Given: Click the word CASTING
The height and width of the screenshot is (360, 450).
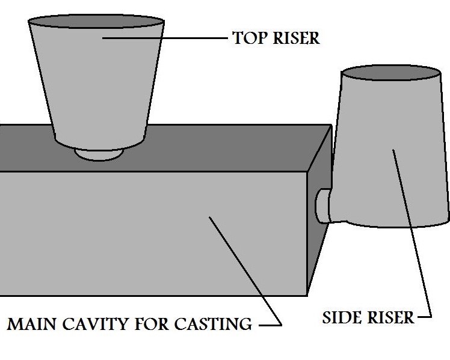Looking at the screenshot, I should tap(213, 325).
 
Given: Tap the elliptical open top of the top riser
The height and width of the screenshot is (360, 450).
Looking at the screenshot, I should tap(96, 25).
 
